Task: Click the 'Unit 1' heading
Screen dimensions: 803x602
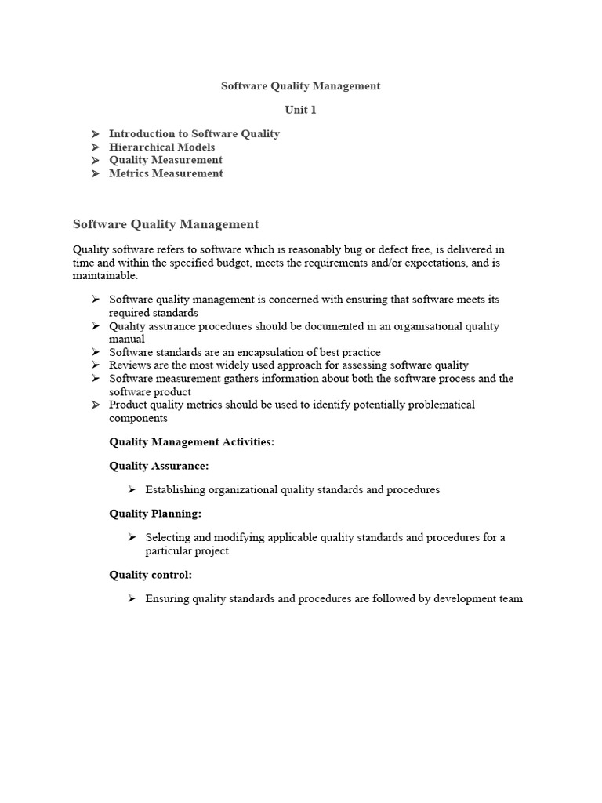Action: (x=300, y=110)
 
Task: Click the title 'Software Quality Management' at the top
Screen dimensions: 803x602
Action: (x=300, y=86)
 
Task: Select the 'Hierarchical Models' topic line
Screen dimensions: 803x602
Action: (x=161, y=147)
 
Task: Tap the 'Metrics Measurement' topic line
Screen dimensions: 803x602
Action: (x=165, y=174)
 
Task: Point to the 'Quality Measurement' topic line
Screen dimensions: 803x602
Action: (x=165, y=161)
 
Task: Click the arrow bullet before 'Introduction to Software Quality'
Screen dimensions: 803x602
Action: (x=95, y=134)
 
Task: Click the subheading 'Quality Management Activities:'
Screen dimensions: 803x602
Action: (x=191, y=442)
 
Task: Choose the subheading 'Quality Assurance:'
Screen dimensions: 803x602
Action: (x=158, y=466)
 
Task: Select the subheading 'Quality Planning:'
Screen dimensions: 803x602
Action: (x=155, y=514)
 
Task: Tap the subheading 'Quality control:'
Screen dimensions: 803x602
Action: (x=150, y=575)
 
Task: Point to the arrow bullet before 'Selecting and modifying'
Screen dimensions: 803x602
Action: (x=132, y=538)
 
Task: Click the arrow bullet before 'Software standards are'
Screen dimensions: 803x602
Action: (x=95, y=353)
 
